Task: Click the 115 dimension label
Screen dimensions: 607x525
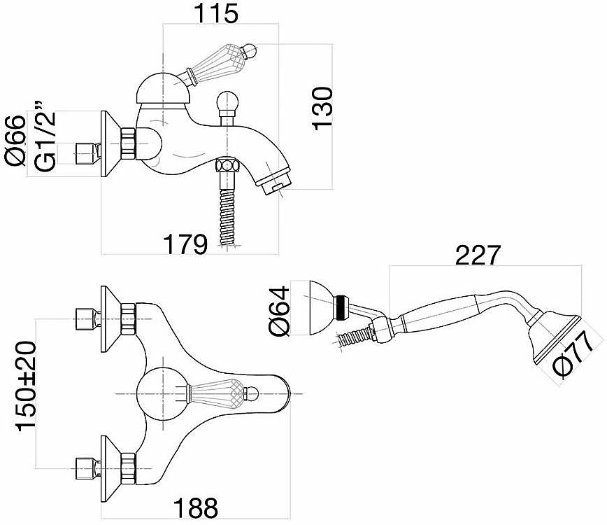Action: (215, 13)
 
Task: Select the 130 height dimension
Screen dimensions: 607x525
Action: (322, 108)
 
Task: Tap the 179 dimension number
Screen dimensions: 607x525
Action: (185, 244)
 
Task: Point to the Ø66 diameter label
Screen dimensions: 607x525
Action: (15, 141)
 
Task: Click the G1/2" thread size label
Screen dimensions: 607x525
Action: (45, 137)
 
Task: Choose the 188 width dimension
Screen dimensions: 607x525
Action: (196, 507)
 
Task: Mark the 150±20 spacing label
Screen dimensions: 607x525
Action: (26, 386)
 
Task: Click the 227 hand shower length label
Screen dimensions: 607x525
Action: (478, 255)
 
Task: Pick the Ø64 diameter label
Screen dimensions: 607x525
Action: (278, 311)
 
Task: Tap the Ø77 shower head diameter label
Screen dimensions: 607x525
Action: (573, 354)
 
